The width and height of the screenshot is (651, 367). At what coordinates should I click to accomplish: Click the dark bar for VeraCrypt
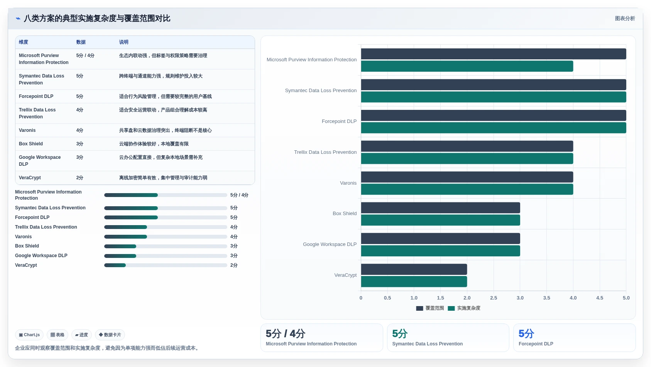coord(414,269)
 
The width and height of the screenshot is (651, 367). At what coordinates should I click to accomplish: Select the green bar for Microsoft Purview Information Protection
coord(467,66)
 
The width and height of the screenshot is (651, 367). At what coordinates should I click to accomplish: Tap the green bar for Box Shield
coord(440,220)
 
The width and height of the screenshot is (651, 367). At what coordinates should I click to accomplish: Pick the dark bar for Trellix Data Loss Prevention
coord(467,146)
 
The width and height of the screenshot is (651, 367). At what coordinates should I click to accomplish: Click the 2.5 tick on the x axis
coord(494,298)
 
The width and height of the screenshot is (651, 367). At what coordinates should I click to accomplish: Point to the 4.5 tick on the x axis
coord(600,298)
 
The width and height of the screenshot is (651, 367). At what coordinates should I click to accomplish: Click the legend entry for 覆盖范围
coord(430,308)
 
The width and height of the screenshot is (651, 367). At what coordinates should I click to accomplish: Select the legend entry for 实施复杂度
coord(464,308)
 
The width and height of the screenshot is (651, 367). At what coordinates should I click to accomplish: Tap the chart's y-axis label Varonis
coord(348,183)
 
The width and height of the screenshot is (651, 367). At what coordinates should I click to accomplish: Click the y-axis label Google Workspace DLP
coord(330,244)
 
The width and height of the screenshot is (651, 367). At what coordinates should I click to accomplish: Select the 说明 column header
coord(123,42)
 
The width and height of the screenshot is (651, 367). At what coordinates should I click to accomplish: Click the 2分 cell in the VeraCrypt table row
coord(79,178)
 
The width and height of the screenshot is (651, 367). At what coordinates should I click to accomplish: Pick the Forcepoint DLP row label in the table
coord(36,96)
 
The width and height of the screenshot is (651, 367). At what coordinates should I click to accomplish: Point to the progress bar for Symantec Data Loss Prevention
coord(166,208)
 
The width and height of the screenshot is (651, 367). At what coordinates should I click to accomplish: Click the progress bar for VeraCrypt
coord(166,265)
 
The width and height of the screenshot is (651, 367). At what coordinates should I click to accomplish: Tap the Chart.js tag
coord(29,335)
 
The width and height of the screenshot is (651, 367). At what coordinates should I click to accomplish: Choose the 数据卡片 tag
coord(110,335)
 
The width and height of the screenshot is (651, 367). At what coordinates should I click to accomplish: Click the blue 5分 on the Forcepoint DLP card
coord(526,333)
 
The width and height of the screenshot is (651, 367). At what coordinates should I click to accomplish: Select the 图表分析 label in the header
coord(625,18)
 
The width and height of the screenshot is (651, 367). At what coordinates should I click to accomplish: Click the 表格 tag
coord(57,335)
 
